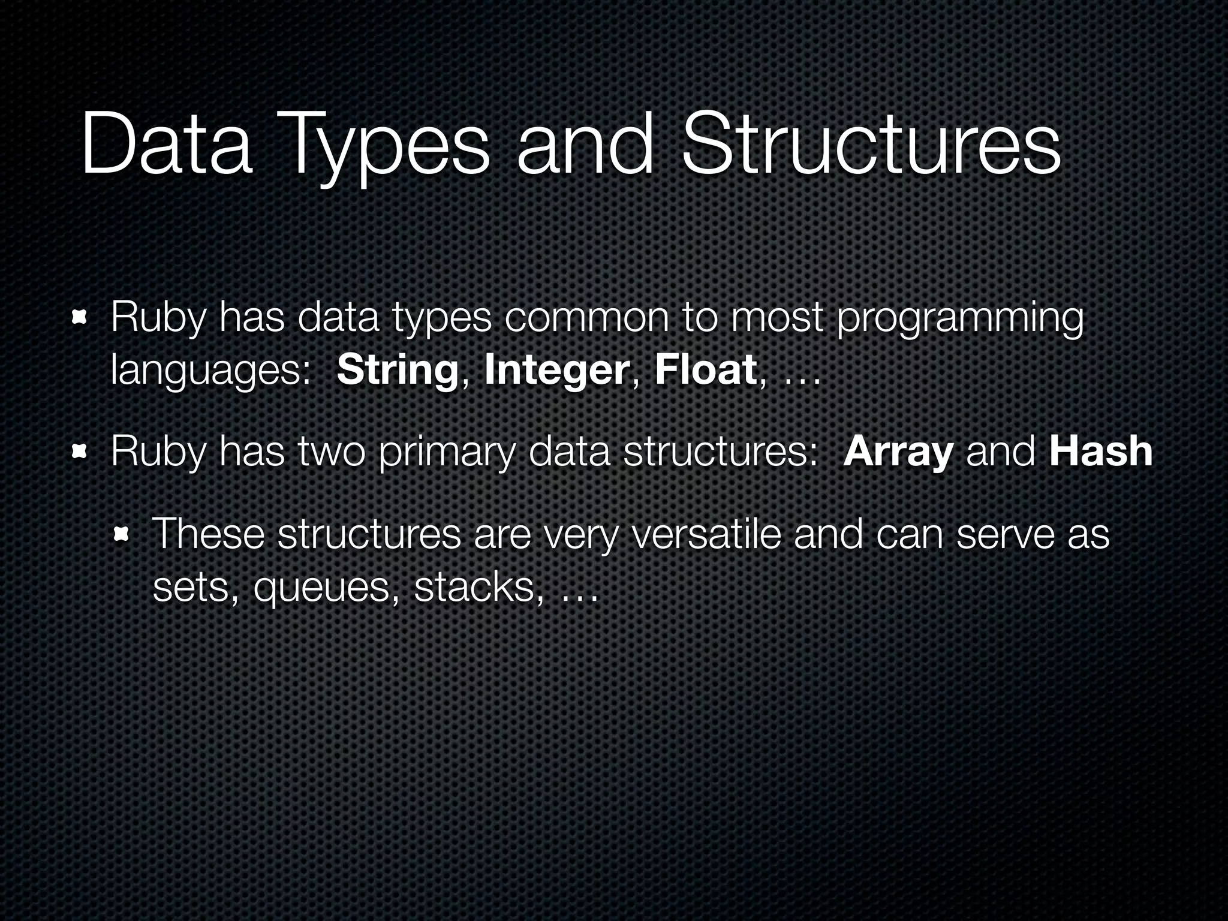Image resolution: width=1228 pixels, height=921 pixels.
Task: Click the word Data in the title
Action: (166, 146)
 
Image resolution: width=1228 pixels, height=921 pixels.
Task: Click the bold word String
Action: (398, 371)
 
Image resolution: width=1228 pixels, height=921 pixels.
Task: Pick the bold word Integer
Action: (556, 371)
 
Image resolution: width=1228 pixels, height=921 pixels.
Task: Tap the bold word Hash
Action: (1101, 452)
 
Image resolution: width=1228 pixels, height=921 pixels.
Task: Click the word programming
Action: (960, 320)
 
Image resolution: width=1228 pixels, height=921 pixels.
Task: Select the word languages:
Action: (210, 372)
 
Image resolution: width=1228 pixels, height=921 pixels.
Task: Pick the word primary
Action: (447, 453)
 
